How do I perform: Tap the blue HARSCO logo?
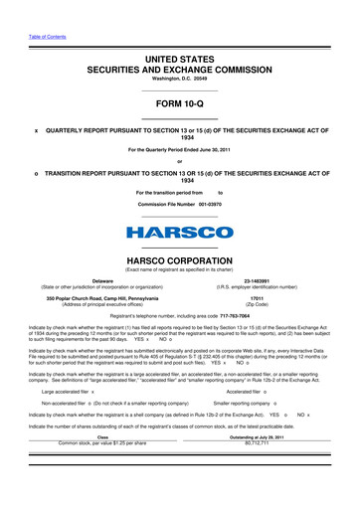180,234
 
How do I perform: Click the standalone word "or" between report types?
180,164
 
